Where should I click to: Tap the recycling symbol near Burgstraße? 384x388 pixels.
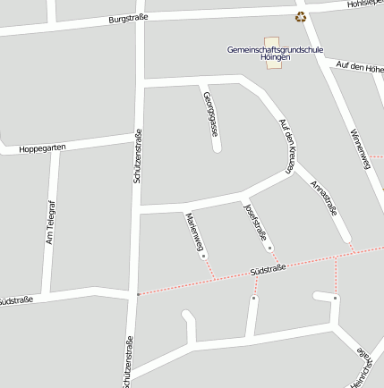pyautogui.click(x=301, y=16)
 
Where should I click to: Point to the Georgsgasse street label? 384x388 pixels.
pyautogui.click(x=211, y=114)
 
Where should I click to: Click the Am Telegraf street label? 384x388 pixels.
pyautogui.click(x=51, y=220)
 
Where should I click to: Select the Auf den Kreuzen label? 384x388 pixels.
pyautogui.click(x=286, y=146)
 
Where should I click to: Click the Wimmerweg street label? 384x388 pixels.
pyautogui.click(x=359, y=148)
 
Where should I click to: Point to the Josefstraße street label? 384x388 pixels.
pyautogui.click(x=256, y=222)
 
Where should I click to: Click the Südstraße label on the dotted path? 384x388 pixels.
pyautogui.click(x=267, y=268)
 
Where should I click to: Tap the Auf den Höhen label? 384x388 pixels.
pyautogui.click(x=360, y=67)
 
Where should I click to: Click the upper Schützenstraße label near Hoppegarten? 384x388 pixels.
pyautogui.click(x=138, y=156)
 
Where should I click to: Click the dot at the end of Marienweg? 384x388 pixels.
pyautogui.click(x=204, y=256)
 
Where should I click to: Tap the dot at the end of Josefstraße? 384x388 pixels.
pyautogui.click(x=270, y=248)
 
